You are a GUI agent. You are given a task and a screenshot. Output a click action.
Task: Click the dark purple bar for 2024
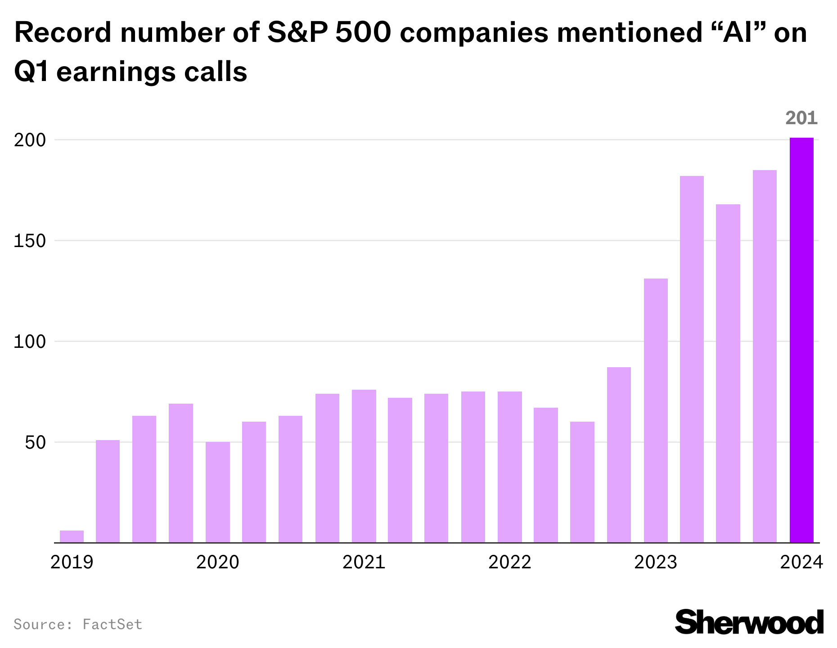click(x=801, y=340)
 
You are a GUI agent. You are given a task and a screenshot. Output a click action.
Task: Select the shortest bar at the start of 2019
click(x=72, y=536)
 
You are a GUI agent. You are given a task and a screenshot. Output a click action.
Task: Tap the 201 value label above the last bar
click(x=801, y=118)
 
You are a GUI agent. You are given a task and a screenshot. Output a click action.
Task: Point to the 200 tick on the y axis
click(x=30, y=140)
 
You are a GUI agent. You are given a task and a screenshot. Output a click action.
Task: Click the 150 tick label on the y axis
click(x=30, y=241)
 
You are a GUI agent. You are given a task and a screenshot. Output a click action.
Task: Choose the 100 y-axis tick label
click(x=30, y=342)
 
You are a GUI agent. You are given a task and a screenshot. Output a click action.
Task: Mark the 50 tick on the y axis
click(x=35, y=443)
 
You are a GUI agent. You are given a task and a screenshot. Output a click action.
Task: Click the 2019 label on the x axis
click(x=72, y=562)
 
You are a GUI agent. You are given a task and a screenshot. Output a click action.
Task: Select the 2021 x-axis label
click(x=364, y=562)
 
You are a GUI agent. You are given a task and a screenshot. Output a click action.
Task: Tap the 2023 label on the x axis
click(x=656, y=562)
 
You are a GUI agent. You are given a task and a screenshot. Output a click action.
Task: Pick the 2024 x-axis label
click(x=801, y=562)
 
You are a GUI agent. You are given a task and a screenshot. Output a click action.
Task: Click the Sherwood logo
click(x=749, y=622)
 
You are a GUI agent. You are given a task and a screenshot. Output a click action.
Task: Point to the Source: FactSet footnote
click(x=78, y=625)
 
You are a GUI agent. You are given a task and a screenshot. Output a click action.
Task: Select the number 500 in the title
click(x=363, y=33)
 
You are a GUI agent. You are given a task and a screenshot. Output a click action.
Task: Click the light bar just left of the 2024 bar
click(x=765, y=356)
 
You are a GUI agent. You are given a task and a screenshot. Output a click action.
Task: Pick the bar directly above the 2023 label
click(x=656, y=410)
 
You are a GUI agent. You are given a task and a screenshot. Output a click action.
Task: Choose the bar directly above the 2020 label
click(x=218, y=492)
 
